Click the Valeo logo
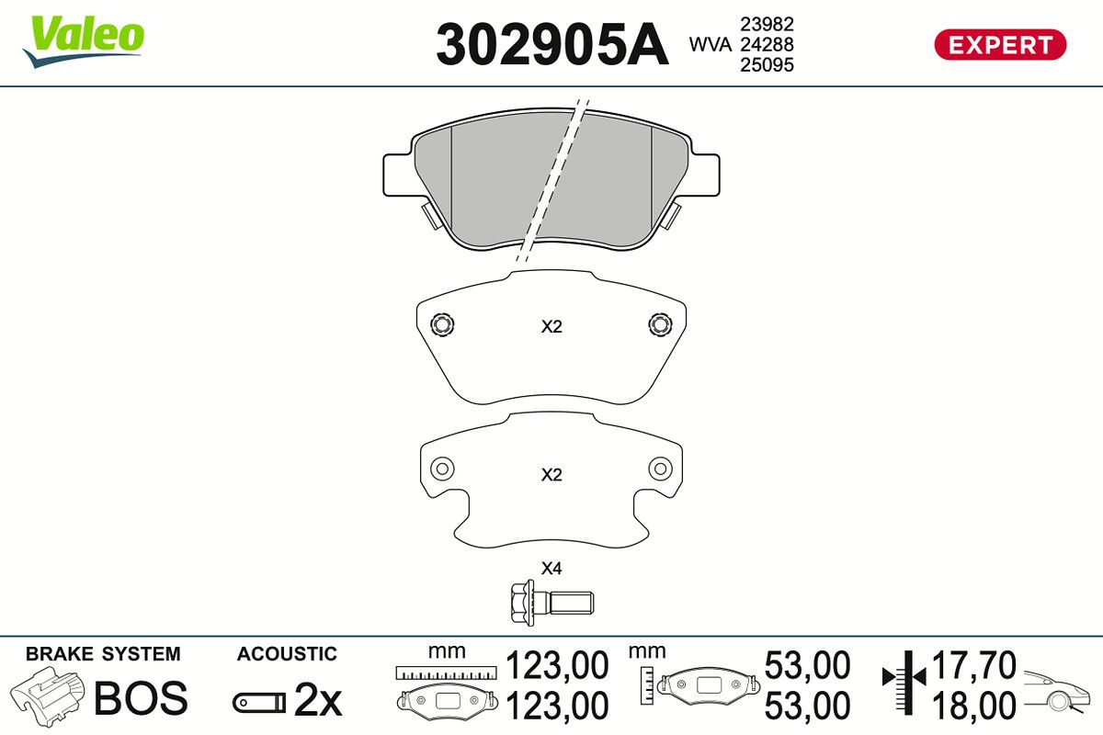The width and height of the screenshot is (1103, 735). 84,42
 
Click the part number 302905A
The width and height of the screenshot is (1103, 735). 552,44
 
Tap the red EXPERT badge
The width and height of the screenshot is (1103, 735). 1000,45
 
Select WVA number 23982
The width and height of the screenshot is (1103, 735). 767,24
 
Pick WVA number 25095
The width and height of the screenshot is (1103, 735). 767,65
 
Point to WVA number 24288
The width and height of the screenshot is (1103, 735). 767,44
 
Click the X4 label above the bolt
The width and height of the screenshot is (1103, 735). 551,569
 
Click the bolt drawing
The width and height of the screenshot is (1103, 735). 551,603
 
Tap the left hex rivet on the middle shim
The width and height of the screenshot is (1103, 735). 442,324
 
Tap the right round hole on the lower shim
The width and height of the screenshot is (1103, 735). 660,469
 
